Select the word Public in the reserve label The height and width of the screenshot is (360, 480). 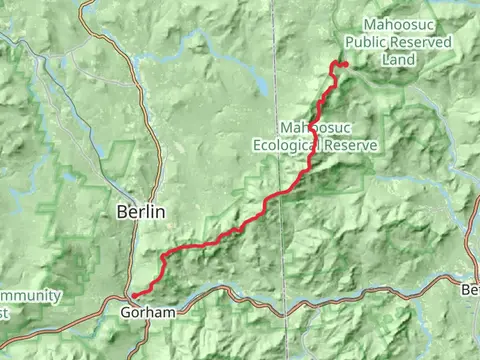point(365,44)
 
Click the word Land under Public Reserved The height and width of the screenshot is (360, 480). point(398,60)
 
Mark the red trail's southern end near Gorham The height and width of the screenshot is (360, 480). point(130,295)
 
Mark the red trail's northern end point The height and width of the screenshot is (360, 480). point(345,65)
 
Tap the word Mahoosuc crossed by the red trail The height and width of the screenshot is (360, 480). point(315,128)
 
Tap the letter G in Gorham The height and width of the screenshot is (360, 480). point(125,312)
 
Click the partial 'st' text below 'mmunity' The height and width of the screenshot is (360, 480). point(5,312)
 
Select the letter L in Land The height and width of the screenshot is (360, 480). point(386,60)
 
